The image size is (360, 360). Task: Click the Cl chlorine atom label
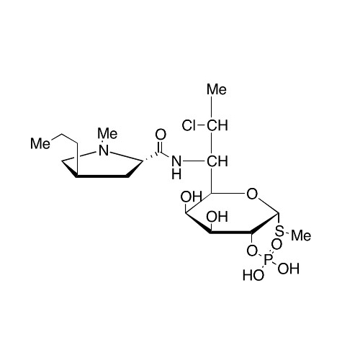point(189,125)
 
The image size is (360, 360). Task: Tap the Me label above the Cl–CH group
point(217,89)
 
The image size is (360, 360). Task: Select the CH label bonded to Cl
point(217,125)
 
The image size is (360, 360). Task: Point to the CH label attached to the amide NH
point(217,161)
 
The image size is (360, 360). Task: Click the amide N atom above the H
point(176,161)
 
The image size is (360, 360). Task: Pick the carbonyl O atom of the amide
point(161,135)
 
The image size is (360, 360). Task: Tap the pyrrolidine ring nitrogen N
point(104,150)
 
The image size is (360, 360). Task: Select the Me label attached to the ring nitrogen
point(107,133)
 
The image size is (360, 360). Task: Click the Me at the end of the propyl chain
point(40,143)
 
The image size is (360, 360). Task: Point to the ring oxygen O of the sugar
point(252,194)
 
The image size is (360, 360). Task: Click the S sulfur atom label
point(279,231)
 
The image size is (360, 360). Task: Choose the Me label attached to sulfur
point(301,235)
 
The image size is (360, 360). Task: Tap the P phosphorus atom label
point(268,260)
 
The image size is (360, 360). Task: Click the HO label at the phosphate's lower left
point(253,275)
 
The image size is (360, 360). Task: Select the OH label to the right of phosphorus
point(289,269)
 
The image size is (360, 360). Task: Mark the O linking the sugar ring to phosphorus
point(252,251)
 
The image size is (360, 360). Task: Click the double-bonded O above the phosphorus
point(276,245)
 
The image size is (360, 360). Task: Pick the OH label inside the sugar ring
point(217,217)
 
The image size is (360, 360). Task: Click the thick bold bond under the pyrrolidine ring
point(102,176)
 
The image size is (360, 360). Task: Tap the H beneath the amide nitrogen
point(176,175)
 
